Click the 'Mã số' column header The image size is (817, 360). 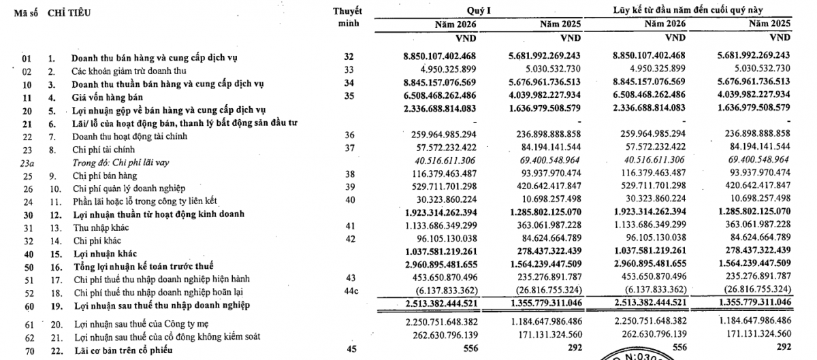coord(26,13)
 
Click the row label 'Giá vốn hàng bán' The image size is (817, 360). coord(105,97)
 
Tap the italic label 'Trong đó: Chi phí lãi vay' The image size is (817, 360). coord(120,163)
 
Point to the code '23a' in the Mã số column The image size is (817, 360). coord(27,163)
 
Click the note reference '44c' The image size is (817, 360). coord(350,292)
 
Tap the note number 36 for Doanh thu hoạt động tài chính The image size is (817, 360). coord(350,136)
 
